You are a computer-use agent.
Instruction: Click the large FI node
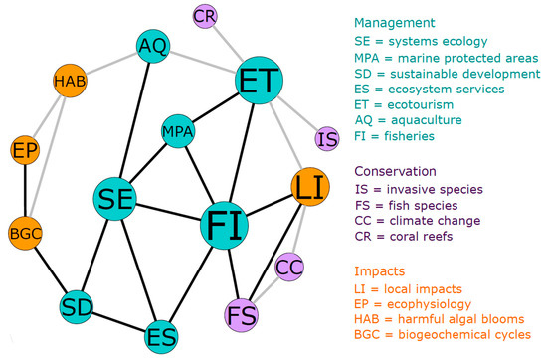(x=229, y=227)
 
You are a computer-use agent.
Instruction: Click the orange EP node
(x=25, y=151)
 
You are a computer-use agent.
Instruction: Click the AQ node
(x=153, y=46)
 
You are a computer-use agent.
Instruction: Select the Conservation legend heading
(x=399, y=170)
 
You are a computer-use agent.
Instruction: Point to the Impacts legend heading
(x=383, y=267)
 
